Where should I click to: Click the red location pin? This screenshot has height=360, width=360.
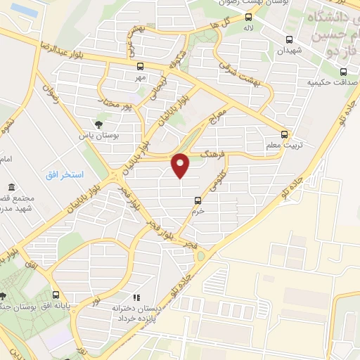(181, 166)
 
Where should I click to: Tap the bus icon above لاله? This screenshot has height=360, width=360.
(249, 18)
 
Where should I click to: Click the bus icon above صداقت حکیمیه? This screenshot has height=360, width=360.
(342, 71)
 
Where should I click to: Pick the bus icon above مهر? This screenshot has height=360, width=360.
(140, 67)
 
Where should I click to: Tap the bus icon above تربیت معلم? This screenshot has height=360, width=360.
(284, 134)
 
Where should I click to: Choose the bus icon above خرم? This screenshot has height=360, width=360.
(198, 200)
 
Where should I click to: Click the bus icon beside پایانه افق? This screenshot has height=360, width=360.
(56, 295)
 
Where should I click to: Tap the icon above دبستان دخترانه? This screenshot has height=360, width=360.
(136, 297)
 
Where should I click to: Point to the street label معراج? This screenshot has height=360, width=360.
(219, 119)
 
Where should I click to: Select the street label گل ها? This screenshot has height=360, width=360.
(217, 24)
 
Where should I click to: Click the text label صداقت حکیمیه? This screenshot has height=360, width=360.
(329, 82)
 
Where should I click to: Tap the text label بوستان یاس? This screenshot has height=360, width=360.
(95, 135)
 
